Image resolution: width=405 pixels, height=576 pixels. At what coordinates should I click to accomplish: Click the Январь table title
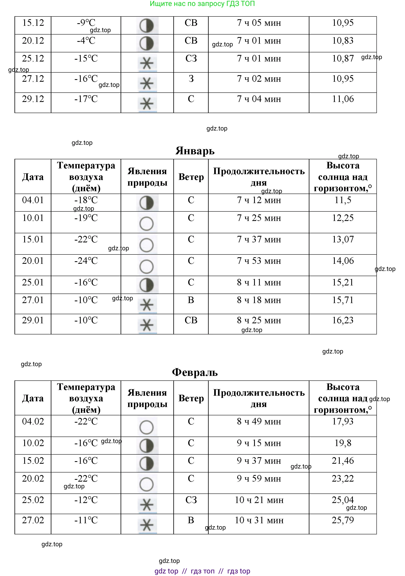pyautogui.click(x=195, y=151)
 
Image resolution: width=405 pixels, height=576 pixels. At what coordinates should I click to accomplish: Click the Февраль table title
pyautogui.click(x=195, y=372)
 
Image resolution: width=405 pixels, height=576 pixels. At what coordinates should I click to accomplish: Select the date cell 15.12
pyautogui.click(x=33, y=23)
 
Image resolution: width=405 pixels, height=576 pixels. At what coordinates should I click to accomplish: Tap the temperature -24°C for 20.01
pyautogui.click(x=86, y=261)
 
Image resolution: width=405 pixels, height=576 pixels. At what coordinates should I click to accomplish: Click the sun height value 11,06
pyautogui.click(x=343, y=99)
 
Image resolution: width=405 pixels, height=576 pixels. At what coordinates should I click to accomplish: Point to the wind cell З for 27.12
pyautogui.click(x=191, y=79)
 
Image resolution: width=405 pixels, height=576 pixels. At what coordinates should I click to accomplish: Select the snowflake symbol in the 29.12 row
pyautogui.click(x=147, y=104)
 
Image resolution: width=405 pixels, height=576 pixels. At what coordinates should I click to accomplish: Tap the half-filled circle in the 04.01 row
pyautogui.click(x=147, y=203)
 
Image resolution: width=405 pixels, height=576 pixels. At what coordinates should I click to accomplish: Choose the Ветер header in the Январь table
pyautogui.click(x=191, y=177)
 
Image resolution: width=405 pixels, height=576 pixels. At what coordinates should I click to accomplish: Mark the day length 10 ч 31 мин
pyautogui.click(x=259, y=520)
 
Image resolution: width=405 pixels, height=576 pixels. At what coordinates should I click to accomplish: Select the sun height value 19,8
pyautogui.click(x=343, y=443)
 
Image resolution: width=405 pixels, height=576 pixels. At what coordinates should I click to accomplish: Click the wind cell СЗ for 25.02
pyautogui.click(x=191, y=500)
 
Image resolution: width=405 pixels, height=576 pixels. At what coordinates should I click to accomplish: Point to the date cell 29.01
pyautogui.click(x=33, y=320)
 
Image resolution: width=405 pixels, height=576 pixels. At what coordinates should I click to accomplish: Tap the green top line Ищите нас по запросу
pyautogui.click(x=202, y=4)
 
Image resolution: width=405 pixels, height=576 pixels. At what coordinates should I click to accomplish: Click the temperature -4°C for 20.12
pyautogui.click(x=86, y=41)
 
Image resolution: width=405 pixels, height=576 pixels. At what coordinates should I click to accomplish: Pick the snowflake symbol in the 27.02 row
pyautogui.click(x=147, y=525)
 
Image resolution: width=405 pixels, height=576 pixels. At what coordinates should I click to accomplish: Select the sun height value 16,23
pyautogui.click(x=343, y=320)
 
